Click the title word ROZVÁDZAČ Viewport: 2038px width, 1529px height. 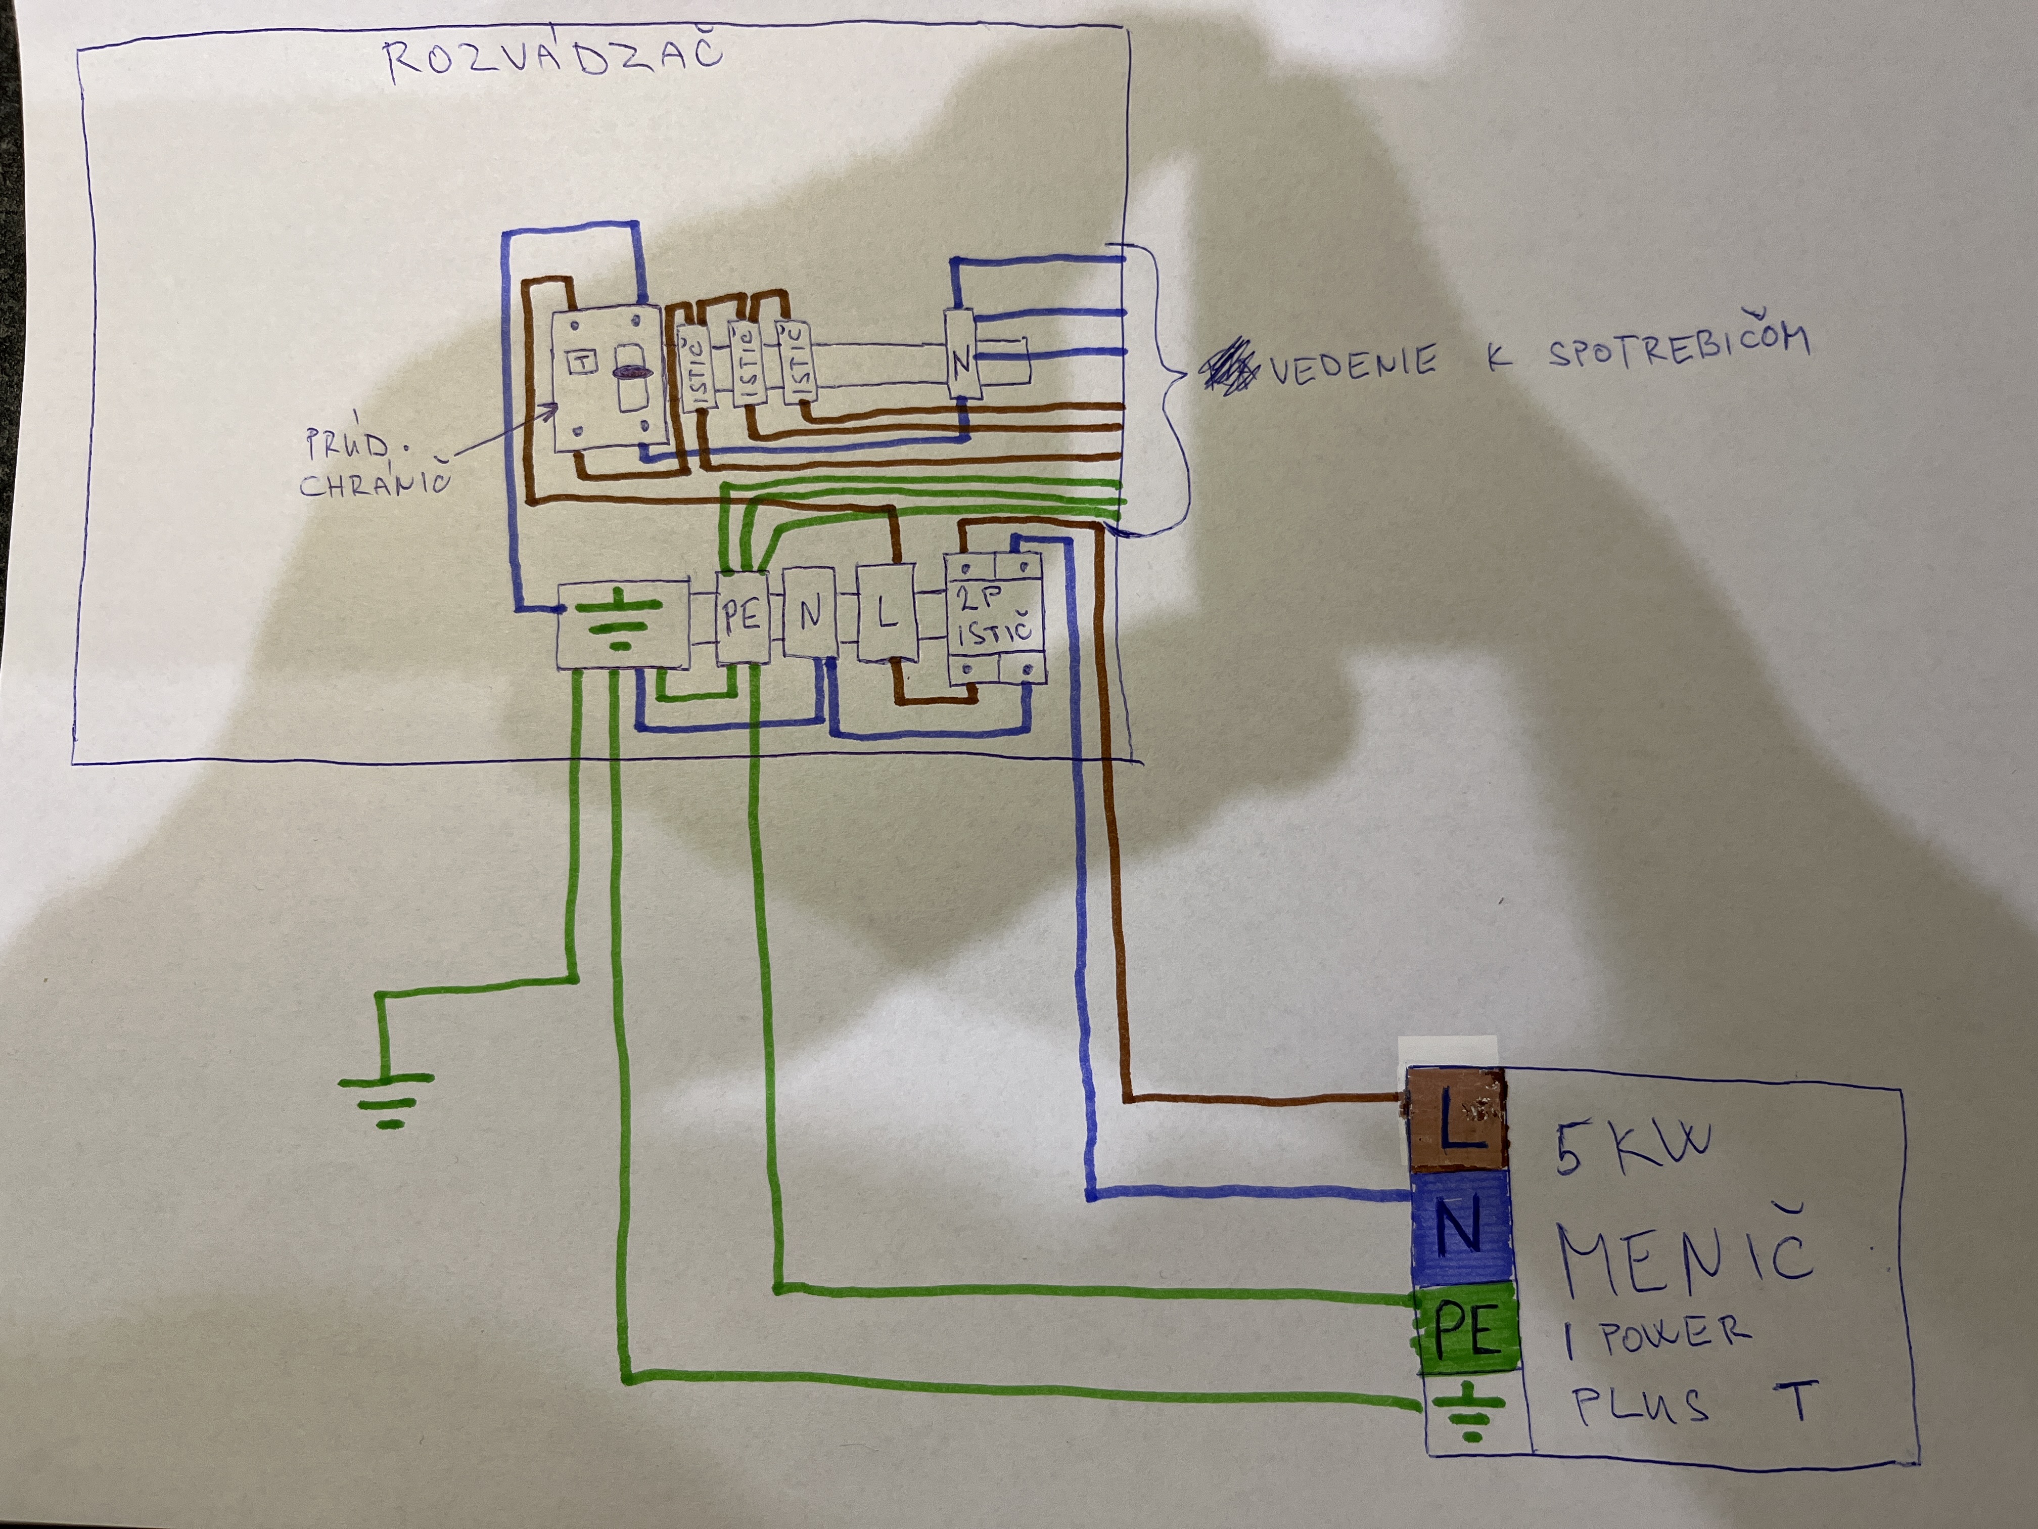pyautogui.click(x=553, y=57)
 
